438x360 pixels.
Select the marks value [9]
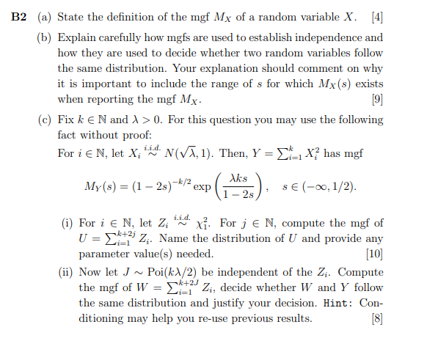(x=376, y=99)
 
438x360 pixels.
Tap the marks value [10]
(x=373, y=254)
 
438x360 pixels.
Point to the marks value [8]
(x=376, y=319)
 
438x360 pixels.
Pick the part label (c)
(x=44, y=120)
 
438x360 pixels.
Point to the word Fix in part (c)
(x=66, y=120)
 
